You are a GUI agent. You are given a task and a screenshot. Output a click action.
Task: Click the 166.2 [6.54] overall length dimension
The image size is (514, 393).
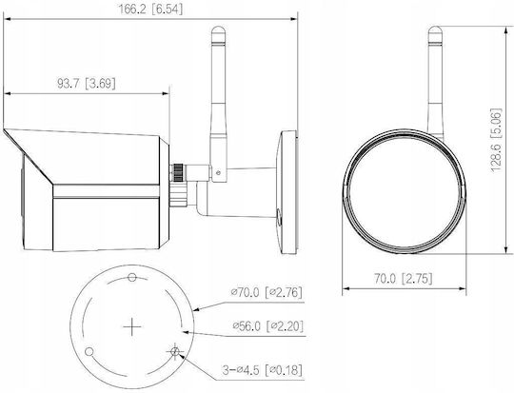150,10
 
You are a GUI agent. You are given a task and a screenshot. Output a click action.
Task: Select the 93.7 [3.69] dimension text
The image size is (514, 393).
87,84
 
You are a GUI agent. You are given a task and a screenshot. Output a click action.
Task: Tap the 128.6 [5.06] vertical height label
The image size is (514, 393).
496,140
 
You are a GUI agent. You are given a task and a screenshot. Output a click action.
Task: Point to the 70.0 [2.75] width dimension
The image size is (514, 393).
404,279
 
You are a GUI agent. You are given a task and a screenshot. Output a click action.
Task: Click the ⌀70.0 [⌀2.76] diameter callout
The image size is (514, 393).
267,292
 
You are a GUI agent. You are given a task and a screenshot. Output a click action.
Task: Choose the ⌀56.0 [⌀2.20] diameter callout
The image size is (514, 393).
268,326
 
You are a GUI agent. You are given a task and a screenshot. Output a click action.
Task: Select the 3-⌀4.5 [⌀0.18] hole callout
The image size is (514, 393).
263,371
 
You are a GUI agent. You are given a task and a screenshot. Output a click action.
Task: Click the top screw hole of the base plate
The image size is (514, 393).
132,277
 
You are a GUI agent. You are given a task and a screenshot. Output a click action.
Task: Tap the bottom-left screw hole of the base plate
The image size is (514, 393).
89,352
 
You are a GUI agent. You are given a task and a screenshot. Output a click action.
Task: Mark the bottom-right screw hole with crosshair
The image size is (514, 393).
175,352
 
